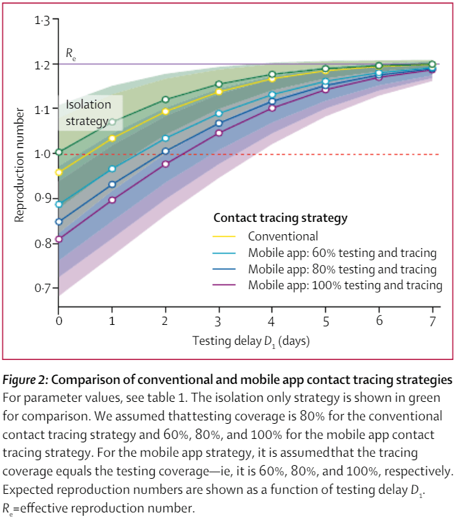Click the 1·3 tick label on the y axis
coord(42,21)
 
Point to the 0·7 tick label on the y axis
coord(42,288)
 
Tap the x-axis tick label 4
coord(272,320)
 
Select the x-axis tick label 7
coord(432,320)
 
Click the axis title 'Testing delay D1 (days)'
coord(245,341)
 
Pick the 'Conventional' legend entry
coord(280,236)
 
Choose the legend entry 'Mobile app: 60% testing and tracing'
coord(342,252)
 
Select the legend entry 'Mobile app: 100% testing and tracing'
coord(345,285)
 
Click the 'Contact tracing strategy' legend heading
coord(280,218)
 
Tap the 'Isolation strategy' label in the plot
coord(89,113)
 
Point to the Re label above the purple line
coord(70,53)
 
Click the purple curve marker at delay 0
coord(59,239)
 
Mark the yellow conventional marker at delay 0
coord(59,172)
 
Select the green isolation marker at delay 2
coord(165,100)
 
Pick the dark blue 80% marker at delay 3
coord(219,124)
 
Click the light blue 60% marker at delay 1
coord(112,168)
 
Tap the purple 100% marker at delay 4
coord(272,108)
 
